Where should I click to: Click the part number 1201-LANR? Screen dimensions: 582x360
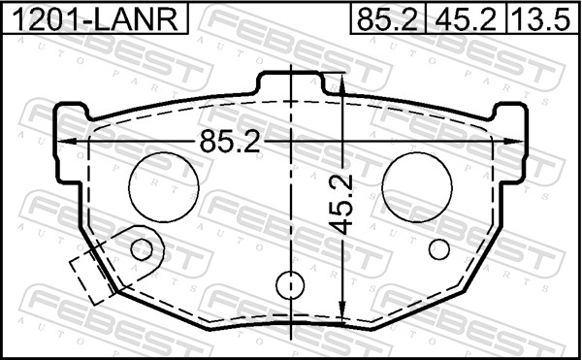(95, 19)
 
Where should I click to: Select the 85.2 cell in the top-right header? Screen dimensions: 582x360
(388, 19)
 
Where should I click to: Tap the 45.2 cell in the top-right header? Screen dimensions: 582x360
(466, 19)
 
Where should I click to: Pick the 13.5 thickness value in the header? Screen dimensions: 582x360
(541, 19)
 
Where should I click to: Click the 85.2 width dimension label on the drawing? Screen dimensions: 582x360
(230, 142)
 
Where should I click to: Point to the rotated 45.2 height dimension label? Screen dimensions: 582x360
(340, 205)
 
